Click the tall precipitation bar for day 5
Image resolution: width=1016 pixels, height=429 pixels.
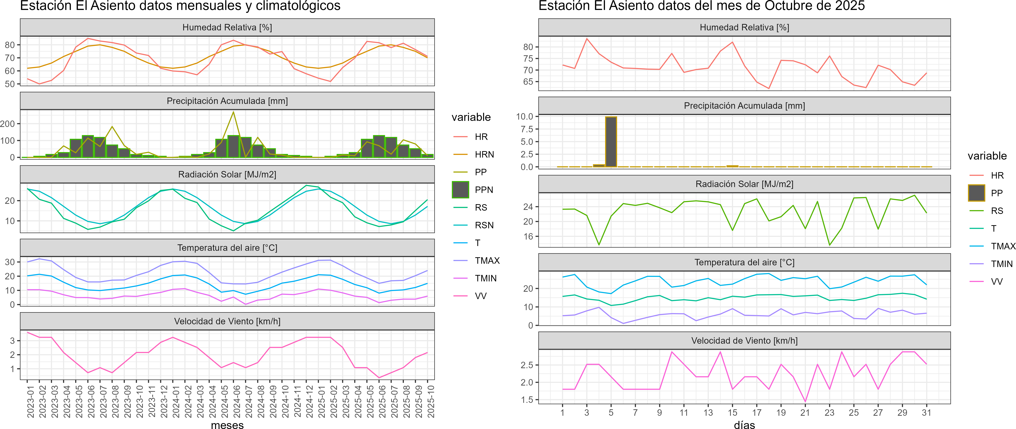click(x=611, y=142)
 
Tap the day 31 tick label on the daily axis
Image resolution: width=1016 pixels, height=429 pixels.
click(x=926, y=412)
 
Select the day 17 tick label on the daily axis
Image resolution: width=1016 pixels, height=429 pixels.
click(x=756, y=412)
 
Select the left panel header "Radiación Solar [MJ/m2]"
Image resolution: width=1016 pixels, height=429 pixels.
click(x=227, y=174)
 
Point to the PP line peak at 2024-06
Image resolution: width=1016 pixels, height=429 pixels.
click(x=234, y=112)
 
